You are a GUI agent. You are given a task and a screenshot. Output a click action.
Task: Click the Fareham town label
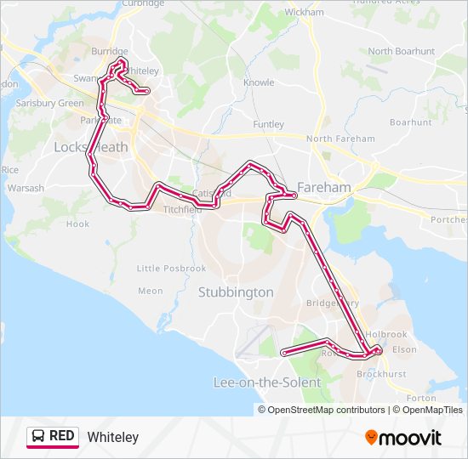point(324,187)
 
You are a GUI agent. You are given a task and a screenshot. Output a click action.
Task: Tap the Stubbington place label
point(236,292)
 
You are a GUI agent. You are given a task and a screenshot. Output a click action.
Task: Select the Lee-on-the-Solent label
point(267,382)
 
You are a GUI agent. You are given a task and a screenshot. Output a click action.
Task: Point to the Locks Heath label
point(90,147)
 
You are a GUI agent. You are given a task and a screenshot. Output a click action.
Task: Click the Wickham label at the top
point(304,13)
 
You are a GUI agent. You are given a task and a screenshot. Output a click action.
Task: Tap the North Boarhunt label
point(401,51)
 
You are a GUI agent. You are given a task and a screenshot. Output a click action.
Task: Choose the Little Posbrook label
point(171,269)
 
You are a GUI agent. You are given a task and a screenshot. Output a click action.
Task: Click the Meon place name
point(150,291)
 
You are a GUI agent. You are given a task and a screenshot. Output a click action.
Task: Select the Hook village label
point(77,224)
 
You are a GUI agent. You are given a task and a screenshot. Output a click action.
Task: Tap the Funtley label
point(269,124)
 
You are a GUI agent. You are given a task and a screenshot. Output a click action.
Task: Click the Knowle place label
point(259,82)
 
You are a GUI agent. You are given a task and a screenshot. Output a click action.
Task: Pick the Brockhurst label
point(382,374)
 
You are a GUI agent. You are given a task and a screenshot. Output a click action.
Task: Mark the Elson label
point(405,349)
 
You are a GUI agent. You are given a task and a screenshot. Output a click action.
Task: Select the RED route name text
point(62,437)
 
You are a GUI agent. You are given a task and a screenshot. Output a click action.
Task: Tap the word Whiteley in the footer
point(112,438)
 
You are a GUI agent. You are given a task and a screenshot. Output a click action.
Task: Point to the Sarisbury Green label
point(48,103)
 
